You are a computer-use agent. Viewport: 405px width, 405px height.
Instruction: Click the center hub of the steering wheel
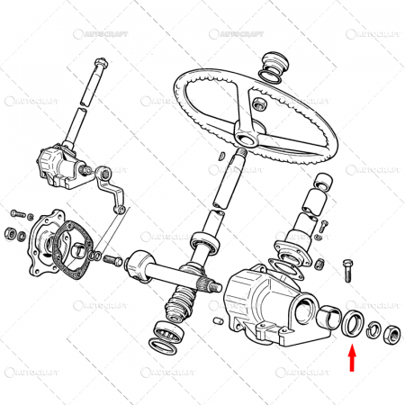(x=247, y=132)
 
